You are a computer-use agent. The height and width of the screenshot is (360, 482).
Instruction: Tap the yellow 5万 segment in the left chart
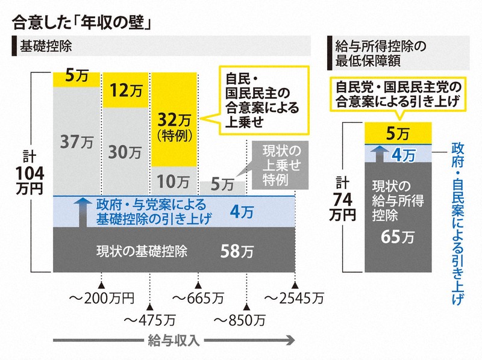(77, 79)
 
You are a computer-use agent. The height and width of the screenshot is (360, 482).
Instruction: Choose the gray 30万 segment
(125, 152)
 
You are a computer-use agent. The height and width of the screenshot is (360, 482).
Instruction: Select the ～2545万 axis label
(295, 297)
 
